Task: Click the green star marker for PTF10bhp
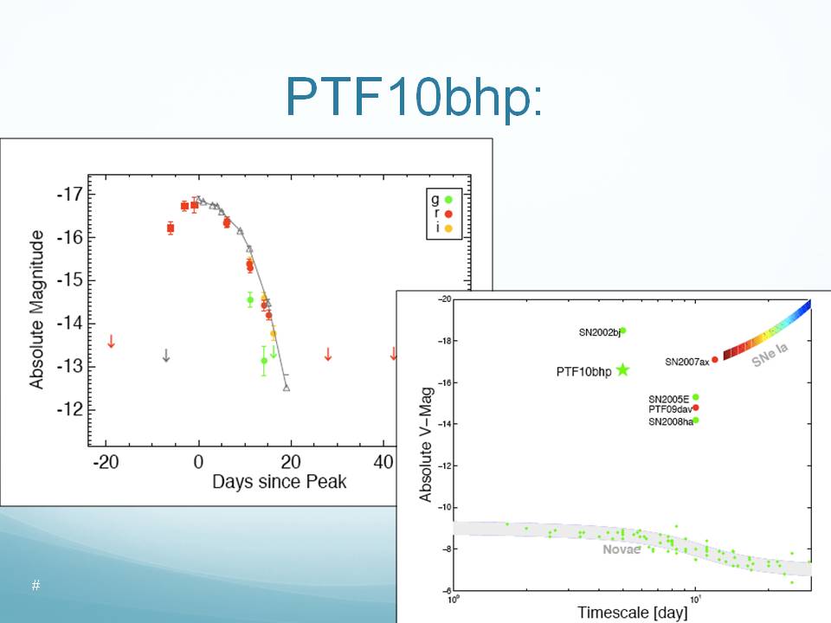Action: (622, 370)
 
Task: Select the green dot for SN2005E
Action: (696, 397)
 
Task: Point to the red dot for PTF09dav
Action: (696, 408)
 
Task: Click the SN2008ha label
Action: (670, 422)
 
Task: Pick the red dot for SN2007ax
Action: (715, 359)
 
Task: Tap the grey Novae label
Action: (622, 549)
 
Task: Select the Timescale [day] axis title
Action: (632, 613)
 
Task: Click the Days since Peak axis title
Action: (279, 481)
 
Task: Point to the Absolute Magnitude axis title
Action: (36, 309)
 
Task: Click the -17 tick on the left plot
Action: (70, 195)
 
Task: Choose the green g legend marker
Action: (448, 199)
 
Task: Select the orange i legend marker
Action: (448, 228)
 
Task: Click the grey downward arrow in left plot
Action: (165, 355)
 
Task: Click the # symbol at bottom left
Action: (35, 586)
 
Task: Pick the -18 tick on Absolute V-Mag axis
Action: (441, 341)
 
